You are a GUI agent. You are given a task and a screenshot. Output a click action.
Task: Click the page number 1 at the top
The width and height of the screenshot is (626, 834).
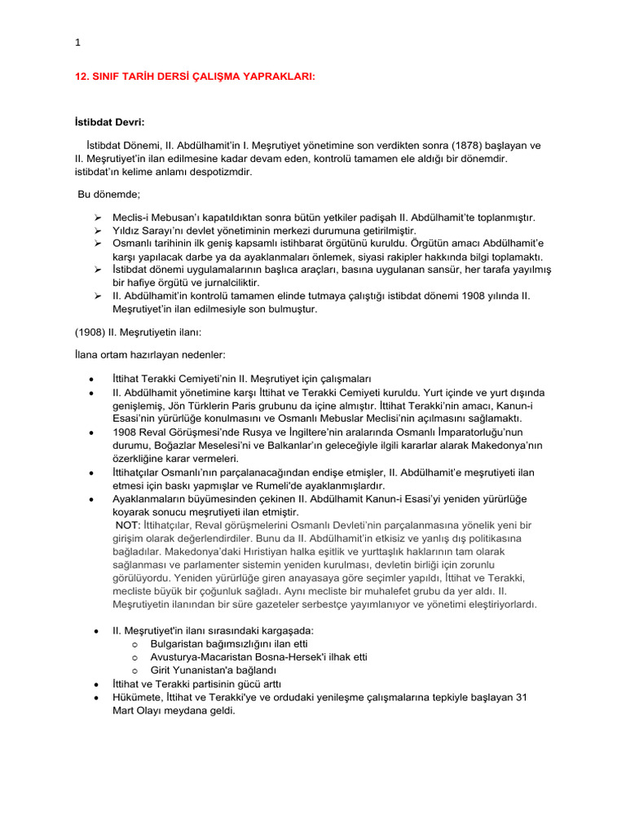click(x=77, y=43)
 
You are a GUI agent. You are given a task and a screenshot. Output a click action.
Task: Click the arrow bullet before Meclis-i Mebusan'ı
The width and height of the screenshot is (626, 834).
click(x=97, y=217)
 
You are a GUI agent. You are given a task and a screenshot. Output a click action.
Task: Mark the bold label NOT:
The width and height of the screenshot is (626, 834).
click(x=127, y=525)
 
